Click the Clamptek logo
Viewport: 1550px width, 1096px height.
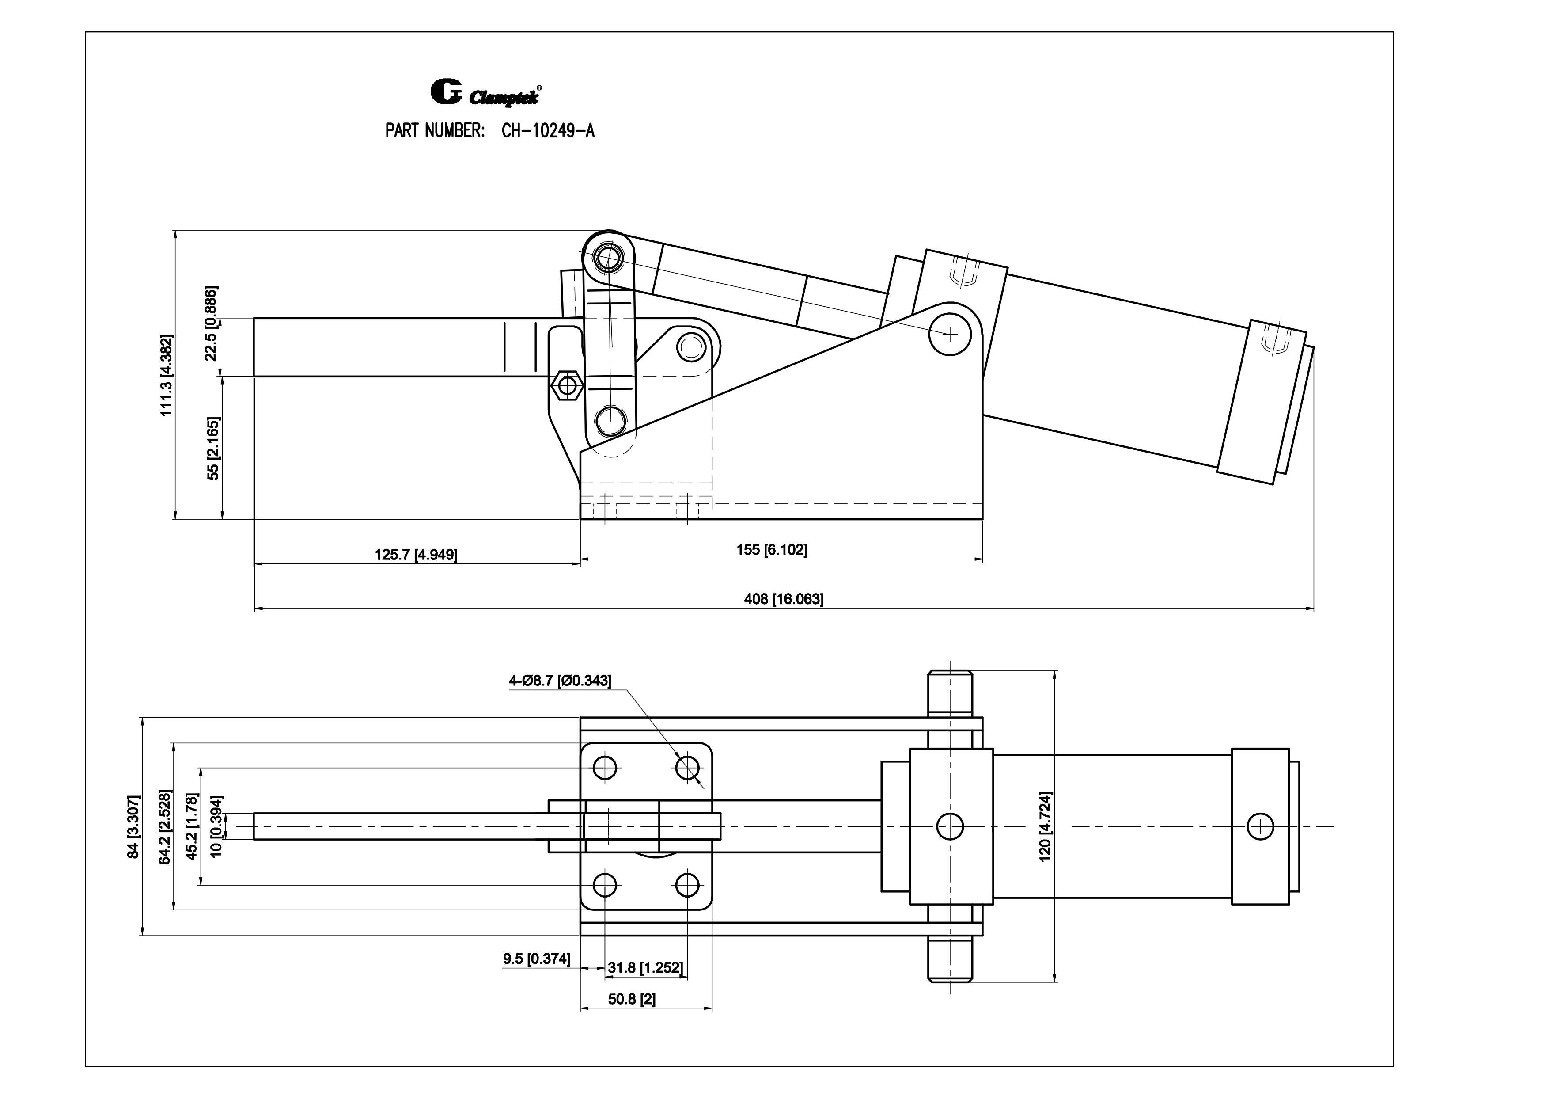point(485,94)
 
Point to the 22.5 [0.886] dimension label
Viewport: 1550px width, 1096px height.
point(211,323)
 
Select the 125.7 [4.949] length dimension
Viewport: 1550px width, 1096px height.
point(416,555)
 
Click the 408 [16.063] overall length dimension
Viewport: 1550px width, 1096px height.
point(783,599)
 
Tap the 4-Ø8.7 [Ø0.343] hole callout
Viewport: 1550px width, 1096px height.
point(560,681)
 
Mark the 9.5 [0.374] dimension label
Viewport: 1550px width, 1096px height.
point(536,958)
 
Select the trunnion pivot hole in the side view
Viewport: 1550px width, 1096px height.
point(950,333)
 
